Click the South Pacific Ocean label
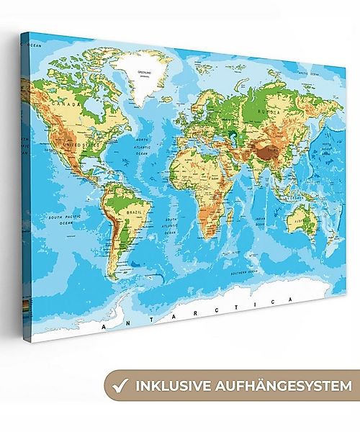(63, 220)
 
